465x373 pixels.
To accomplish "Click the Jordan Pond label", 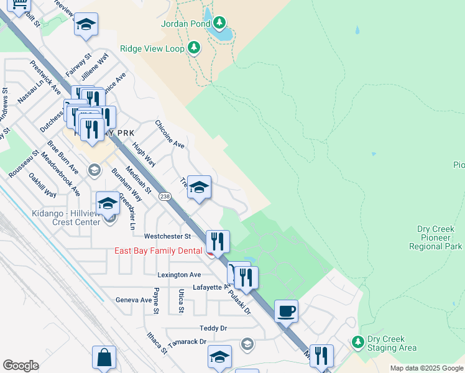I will coord(183,24).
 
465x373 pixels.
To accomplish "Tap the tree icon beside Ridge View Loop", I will coord(195,47).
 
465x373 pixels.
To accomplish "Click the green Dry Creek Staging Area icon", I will coord(357,341).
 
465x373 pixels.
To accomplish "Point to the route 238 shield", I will coord(165,196).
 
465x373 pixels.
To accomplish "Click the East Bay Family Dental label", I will coord(159,251).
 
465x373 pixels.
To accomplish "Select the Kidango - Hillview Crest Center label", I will coord(67,218).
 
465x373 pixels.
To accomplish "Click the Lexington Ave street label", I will coord(180,274).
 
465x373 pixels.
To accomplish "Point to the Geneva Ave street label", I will coord(134,300).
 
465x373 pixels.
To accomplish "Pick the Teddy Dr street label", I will coord(213,328).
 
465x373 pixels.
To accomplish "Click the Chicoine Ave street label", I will coord(170,134).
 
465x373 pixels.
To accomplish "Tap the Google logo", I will coord(21,366).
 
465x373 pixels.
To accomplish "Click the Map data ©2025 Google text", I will coord(426,368).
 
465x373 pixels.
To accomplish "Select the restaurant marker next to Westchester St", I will coord(218,241).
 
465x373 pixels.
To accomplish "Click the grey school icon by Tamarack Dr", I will coord(247,344).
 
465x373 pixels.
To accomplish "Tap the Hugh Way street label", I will coord(144,152).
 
